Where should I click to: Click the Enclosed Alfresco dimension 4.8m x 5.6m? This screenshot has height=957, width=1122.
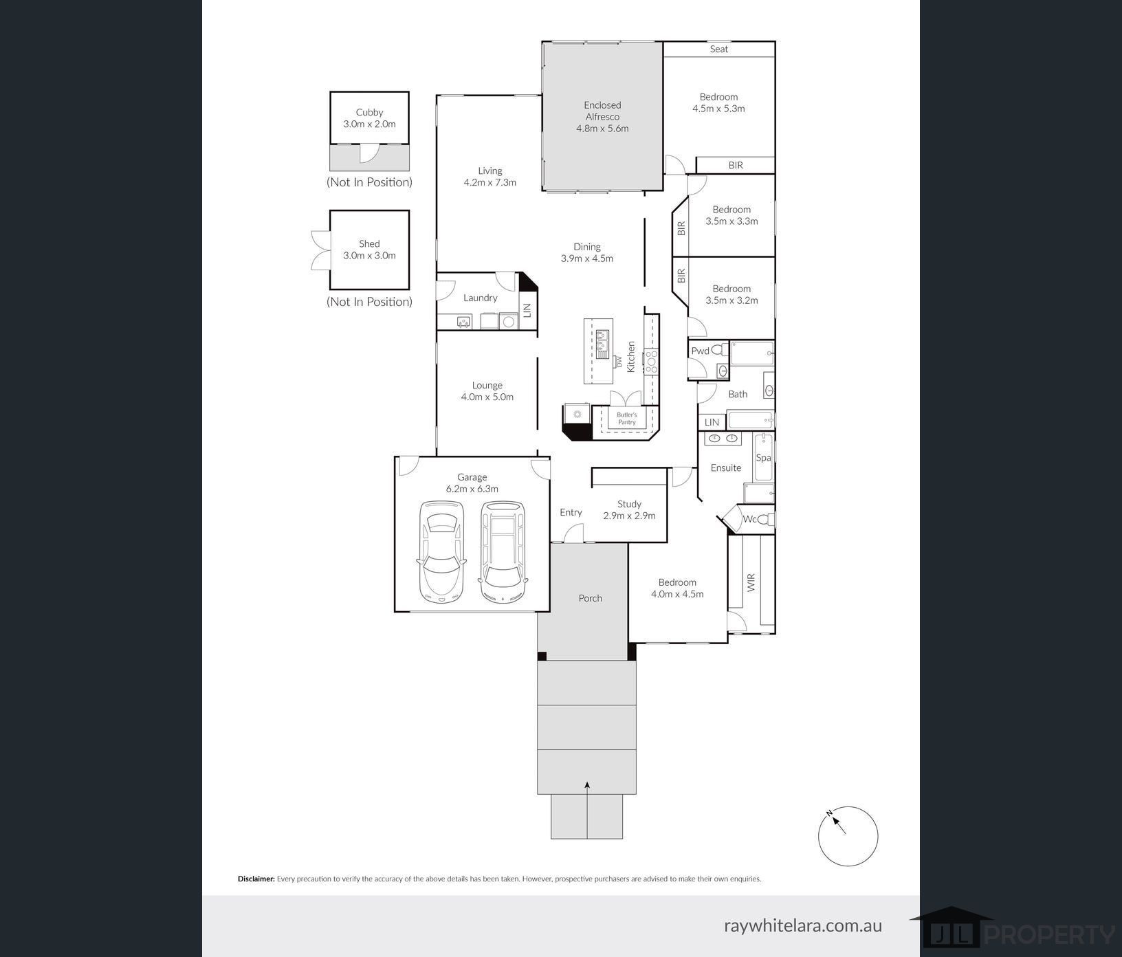(x=602, y=129)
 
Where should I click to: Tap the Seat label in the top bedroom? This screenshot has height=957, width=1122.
(x=719, y=49)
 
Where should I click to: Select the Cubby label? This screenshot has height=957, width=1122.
(x=369, y=112)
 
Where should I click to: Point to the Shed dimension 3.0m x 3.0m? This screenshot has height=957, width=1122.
(x=369, y=255)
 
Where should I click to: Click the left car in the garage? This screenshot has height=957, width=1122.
(x=441, y=551)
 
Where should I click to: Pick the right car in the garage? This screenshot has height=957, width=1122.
(x=503, y=551)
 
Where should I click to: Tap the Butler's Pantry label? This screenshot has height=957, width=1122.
(x=626, y=418)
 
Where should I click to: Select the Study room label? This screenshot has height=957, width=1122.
(x=629, y=504)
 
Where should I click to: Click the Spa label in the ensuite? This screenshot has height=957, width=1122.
(x=763, y=457)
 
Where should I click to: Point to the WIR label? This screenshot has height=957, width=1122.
(x=751, y=583)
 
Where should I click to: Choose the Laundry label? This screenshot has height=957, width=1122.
(x=480, y=298)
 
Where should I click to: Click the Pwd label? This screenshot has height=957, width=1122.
(x=700, y=351)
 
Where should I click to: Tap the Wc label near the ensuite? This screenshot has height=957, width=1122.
(x=749, y=519)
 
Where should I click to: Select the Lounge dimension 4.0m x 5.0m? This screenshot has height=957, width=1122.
(x=487, y=397)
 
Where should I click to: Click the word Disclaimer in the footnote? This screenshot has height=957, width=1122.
(x=256, y=879)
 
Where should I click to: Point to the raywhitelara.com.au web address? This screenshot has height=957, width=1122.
(x=803, y=925)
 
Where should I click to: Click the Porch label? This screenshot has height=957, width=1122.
(x=590, y=598)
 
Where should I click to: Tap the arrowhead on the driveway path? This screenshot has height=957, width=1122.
(x=587, y=784)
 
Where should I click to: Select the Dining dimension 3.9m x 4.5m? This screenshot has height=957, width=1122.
(x=586, y=258)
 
